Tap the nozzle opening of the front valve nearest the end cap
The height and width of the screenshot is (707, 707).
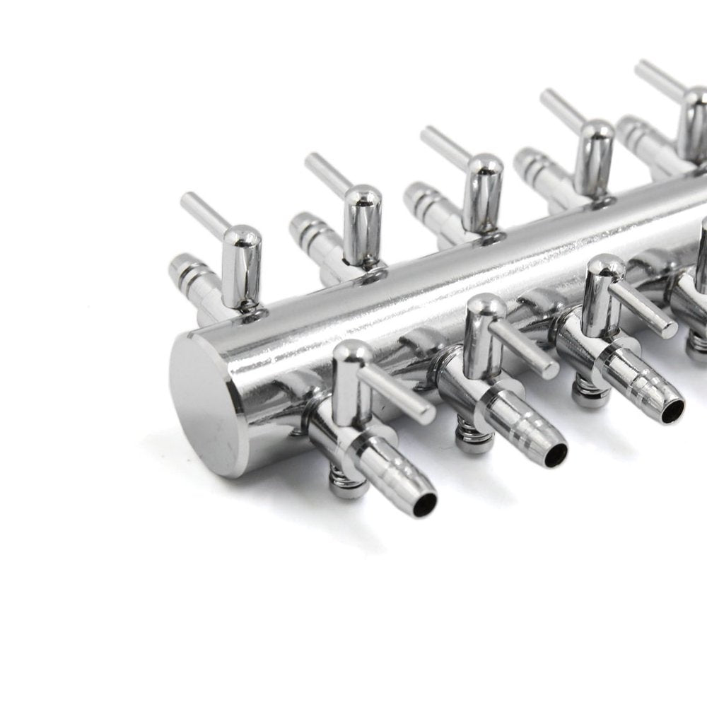(x=426, y=502)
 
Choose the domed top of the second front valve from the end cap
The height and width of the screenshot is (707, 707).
(x=486, y=305)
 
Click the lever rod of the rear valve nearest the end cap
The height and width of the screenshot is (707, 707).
(x=201, y=212)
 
